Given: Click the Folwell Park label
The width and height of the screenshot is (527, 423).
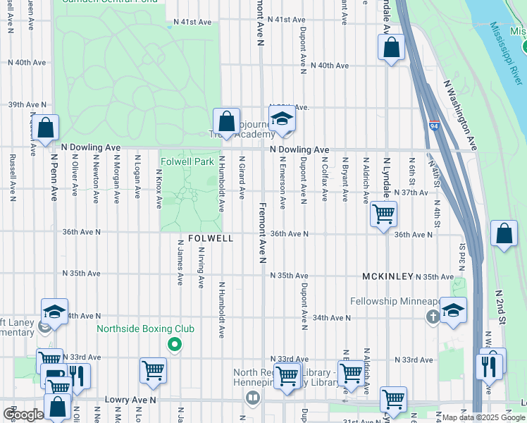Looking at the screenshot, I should pos(187,161).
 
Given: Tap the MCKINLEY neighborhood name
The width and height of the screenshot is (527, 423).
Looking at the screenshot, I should pos(387,276).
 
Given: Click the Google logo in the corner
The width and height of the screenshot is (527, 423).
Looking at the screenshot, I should pos(23,414).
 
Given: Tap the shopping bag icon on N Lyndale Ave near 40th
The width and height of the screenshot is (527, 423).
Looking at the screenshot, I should pos(392,48).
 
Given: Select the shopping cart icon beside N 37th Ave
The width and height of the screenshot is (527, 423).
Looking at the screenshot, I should pos(383,213).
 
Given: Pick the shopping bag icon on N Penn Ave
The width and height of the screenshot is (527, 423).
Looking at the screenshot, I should pos(46,128).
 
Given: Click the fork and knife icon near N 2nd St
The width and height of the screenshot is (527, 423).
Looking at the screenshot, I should pos(488,364).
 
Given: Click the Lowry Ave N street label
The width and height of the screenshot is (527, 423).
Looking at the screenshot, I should pos(130,399).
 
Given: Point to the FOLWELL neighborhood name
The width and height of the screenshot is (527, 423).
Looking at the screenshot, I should pos(211,239).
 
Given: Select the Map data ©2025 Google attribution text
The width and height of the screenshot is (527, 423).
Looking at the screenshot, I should pos(483,417).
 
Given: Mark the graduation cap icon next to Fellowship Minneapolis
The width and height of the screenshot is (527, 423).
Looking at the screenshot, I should pos(453,309).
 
